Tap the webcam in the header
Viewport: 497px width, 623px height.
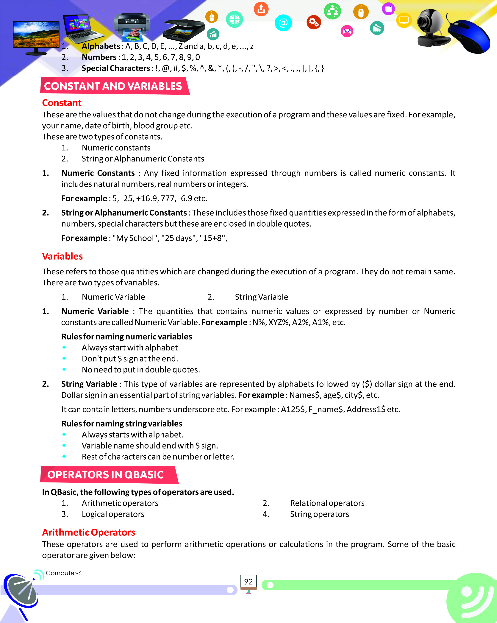430,27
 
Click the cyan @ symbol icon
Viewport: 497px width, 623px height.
283,23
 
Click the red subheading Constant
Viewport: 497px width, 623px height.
62,103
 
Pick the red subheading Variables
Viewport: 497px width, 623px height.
62,256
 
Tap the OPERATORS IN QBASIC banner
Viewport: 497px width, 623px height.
105,475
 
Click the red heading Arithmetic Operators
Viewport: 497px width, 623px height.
89,532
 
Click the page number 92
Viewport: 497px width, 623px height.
248,582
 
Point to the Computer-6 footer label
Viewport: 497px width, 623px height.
64,573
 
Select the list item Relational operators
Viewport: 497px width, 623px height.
327,503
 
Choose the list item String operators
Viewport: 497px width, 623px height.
319,514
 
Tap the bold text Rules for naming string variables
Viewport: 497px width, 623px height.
122,424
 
